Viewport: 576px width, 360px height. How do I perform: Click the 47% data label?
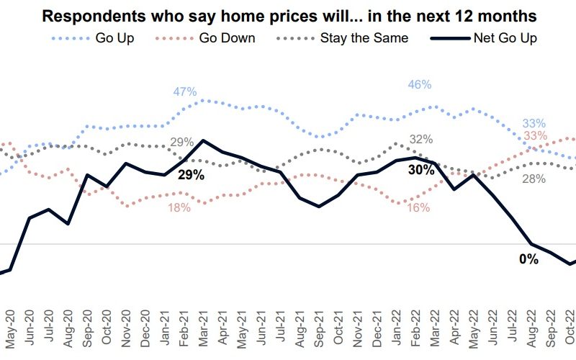point(185,91)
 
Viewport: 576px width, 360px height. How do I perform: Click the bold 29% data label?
point(192,175)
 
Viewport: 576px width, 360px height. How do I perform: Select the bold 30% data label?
point(421,170)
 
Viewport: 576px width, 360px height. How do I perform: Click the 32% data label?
point(420,139)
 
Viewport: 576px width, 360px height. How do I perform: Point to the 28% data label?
point(534,179)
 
